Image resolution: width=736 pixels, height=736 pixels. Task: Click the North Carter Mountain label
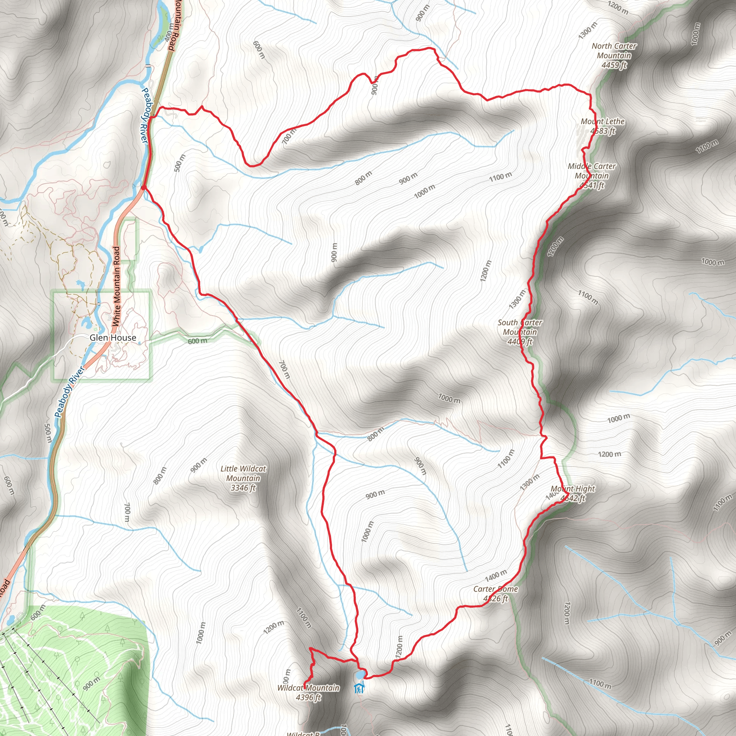coord(614,51)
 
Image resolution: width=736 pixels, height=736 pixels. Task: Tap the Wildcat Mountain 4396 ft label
coord(308,692)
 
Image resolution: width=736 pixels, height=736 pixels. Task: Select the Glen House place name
coord(113,337)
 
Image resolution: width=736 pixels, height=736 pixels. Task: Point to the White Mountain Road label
coord(116,286)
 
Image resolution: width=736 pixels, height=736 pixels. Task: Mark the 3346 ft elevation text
coord(243,488)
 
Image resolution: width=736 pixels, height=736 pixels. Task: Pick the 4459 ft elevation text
coord(614,65)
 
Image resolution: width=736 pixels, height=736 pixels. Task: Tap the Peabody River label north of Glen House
coord(144,116)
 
